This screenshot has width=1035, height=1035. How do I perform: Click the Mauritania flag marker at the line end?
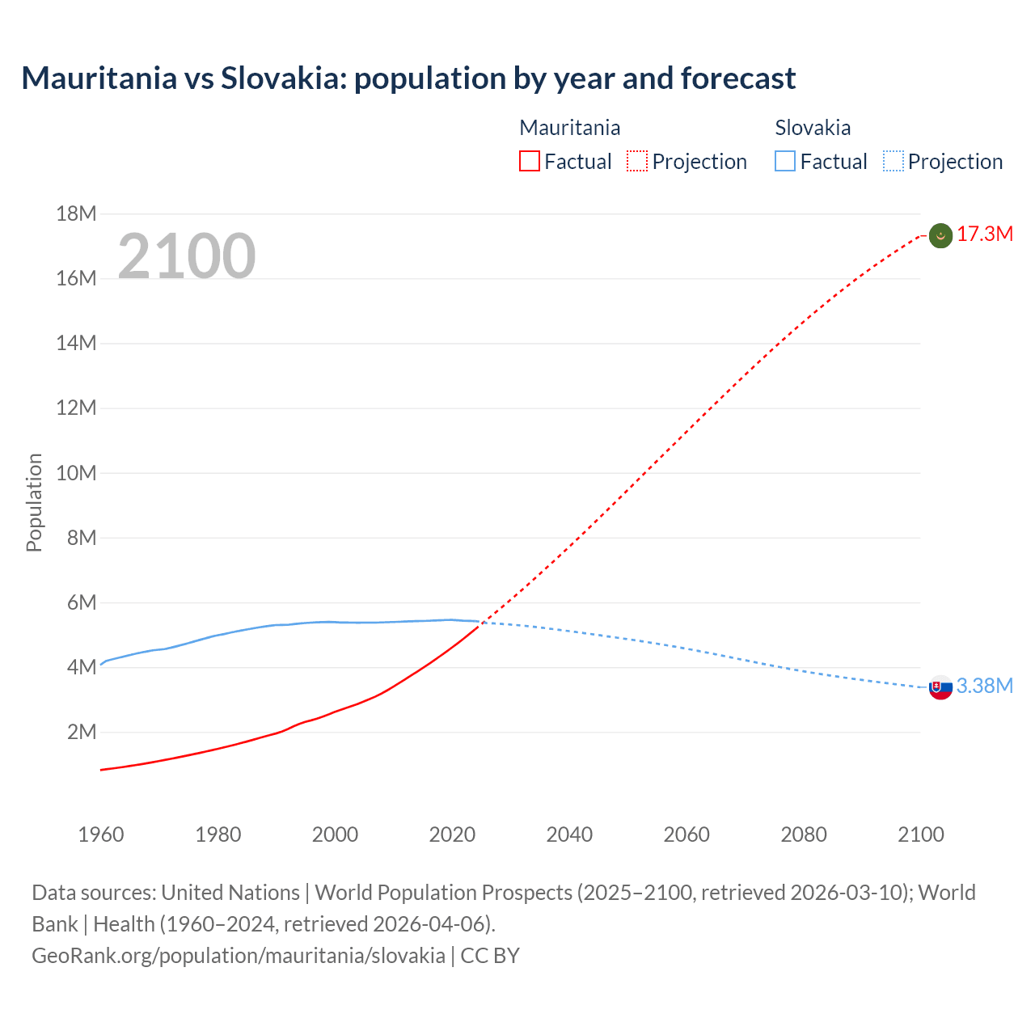(940, 235)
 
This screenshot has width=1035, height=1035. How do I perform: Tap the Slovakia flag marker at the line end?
(940, 687)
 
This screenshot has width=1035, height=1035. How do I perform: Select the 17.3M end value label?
(985, 234)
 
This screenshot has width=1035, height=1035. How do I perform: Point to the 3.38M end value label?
(985, 686)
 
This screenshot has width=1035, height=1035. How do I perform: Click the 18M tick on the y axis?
(76, 214)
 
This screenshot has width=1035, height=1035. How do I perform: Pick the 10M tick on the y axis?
(76, 473)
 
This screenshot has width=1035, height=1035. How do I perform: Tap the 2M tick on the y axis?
(81, 733)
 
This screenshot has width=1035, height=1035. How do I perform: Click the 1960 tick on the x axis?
(101, 834)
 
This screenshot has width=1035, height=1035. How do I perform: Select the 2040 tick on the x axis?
(569, 834)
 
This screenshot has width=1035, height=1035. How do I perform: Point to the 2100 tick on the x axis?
(920, 834)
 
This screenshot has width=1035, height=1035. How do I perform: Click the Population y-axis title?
(34, 502)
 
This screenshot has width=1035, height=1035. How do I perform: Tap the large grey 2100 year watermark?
(187, 256)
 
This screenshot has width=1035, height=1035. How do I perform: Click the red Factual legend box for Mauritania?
(529, 162)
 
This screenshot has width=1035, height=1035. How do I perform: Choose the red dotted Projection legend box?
(637, 162)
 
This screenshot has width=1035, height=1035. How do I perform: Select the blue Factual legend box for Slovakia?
(785, 162)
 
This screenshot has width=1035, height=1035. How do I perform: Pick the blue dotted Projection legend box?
(893, 162)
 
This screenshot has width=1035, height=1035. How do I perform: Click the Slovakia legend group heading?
(813, 128)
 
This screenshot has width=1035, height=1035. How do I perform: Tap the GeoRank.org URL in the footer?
(239, 956)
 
